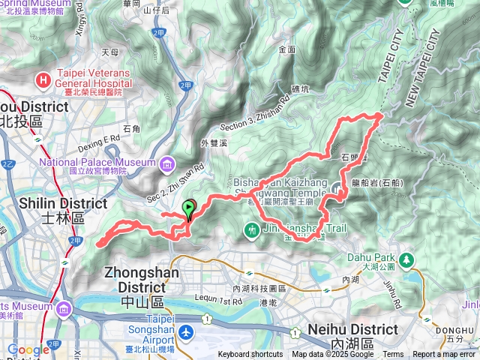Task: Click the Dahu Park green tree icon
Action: click(406, 259)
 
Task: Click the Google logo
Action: click(28, 349)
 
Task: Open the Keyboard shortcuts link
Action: click(250, 355)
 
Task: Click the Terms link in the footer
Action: click(393, 355)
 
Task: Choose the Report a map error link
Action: click(445, 355)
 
